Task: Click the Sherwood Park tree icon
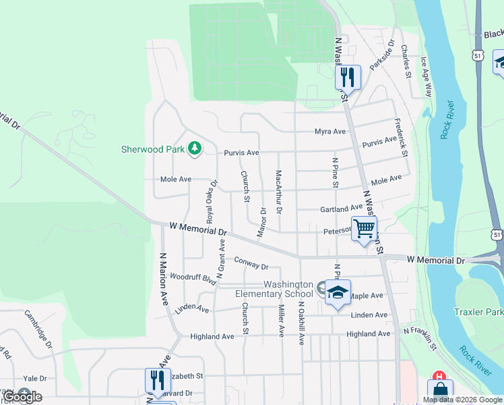point(195,148)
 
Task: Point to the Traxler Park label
point(479,313)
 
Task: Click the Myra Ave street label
point(329,132)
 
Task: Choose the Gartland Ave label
point(342,209)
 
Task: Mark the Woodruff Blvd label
point(193,277)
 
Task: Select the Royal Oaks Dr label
point(212,201)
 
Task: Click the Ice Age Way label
point(425,77)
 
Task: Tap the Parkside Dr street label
point(380,54)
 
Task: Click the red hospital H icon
point(439,377)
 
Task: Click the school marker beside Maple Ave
point(338,292)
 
